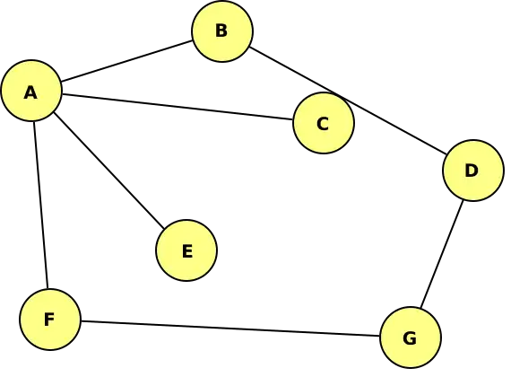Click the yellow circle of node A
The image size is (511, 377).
(31, 91)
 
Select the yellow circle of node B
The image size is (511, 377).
(222, 31)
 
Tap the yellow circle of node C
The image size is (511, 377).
(324, 123)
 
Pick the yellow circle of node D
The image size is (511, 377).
(472, 171)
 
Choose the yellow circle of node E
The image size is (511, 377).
(186, 250)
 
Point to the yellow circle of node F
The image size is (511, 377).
(50, 320)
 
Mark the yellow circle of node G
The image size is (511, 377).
(411, 338)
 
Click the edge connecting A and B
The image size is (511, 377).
(126, 61)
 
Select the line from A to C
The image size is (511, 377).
(178, 107)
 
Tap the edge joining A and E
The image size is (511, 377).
(108, 170)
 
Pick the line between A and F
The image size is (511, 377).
(41, 205)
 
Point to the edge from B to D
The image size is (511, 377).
(348, 101)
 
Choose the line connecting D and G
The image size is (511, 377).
(442, 254)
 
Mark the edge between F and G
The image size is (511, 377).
(230, 329)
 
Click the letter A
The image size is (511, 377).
(30, 92)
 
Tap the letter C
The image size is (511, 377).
(323, 124)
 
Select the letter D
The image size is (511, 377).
(472, 171)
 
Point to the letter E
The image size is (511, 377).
(187, 251)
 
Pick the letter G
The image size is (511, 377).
(410, 338)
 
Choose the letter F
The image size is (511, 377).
(49, 320)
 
